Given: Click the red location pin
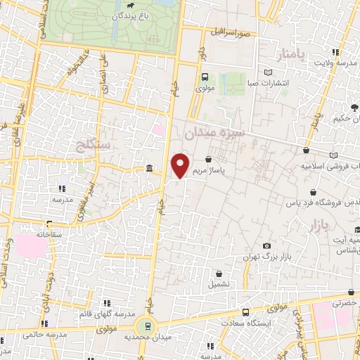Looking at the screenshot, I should coord(181,165).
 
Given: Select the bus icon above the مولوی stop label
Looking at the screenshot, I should coord(205,77).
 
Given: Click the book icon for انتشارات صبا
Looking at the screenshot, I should coord(267,73).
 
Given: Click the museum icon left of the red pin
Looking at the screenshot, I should coord(149,169).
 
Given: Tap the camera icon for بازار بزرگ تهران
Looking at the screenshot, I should coord(267,245).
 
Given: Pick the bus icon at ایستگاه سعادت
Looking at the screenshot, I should coord(245,312).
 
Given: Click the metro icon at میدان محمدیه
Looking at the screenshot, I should coord(147,325).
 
